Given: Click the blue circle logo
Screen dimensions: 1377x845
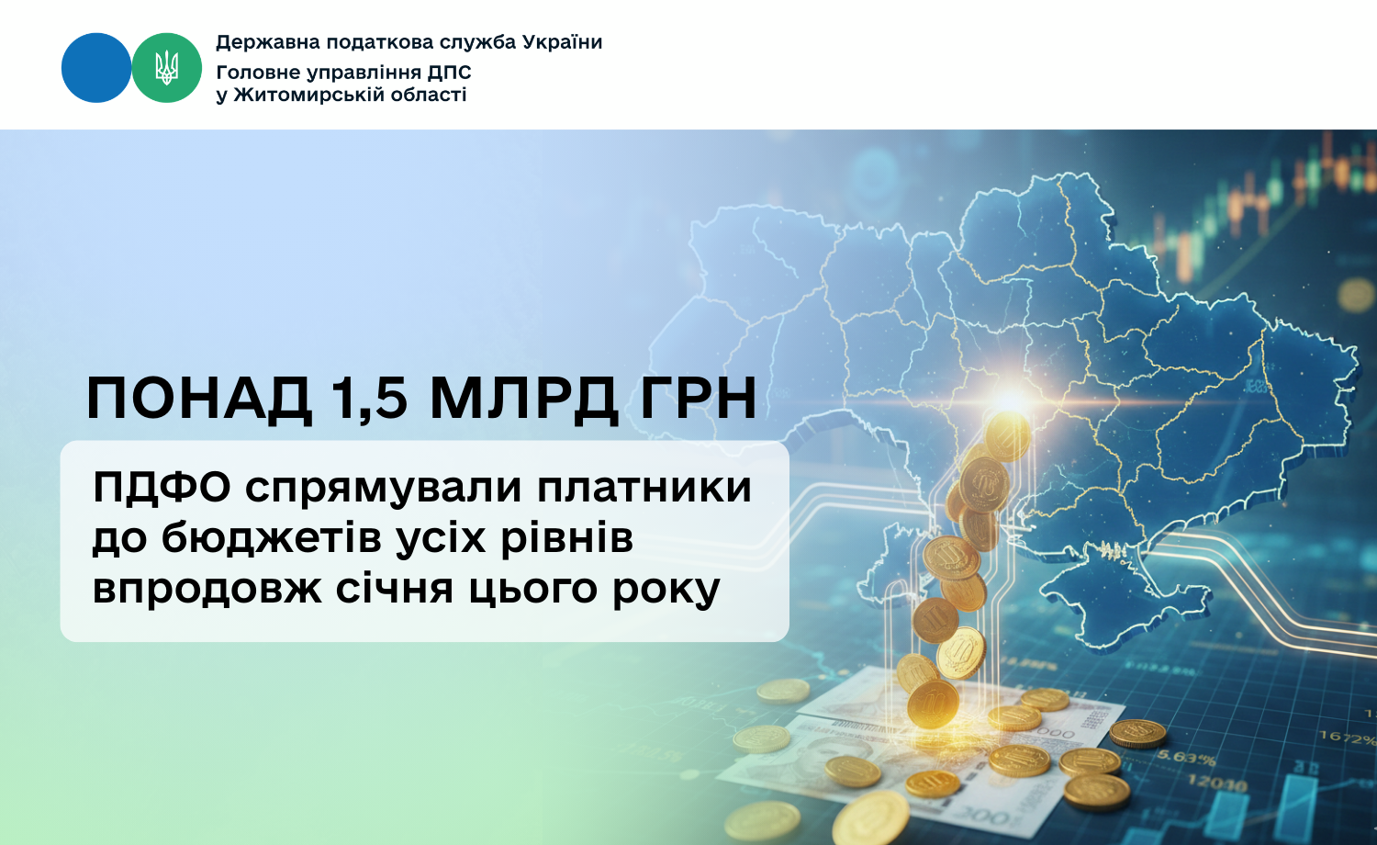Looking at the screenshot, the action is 96,68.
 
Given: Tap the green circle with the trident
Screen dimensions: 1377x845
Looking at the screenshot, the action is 166,68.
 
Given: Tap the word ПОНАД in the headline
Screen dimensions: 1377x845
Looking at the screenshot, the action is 199,398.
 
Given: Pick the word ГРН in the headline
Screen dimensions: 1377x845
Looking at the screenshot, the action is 698,398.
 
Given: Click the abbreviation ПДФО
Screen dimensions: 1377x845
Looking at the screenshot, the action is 162,488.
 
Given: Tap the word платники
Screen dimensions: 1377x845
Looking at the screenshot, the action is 644,488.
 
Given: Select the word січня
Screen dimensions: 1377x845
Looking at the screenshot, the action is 395,589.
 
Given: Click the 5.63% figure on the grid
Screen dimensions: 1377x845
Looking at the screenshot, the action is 1186,757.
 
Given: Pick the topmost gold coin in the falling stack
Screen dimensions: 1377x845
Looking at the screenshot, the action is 1008,436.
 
